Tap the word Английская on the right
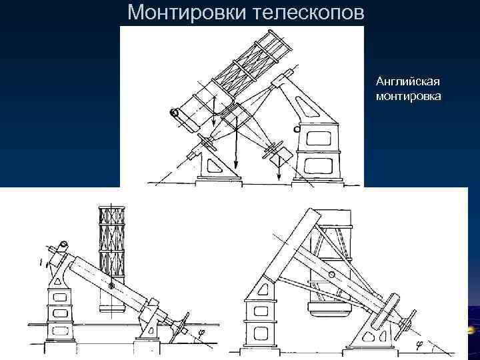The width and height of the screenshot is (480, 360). click(x=407, y=81)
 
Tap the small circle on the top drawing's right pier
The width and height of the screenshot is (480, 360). click(x=297, y=129)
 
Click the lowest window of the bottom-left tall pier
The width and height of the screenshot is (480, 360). click(x=59, y=330)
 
